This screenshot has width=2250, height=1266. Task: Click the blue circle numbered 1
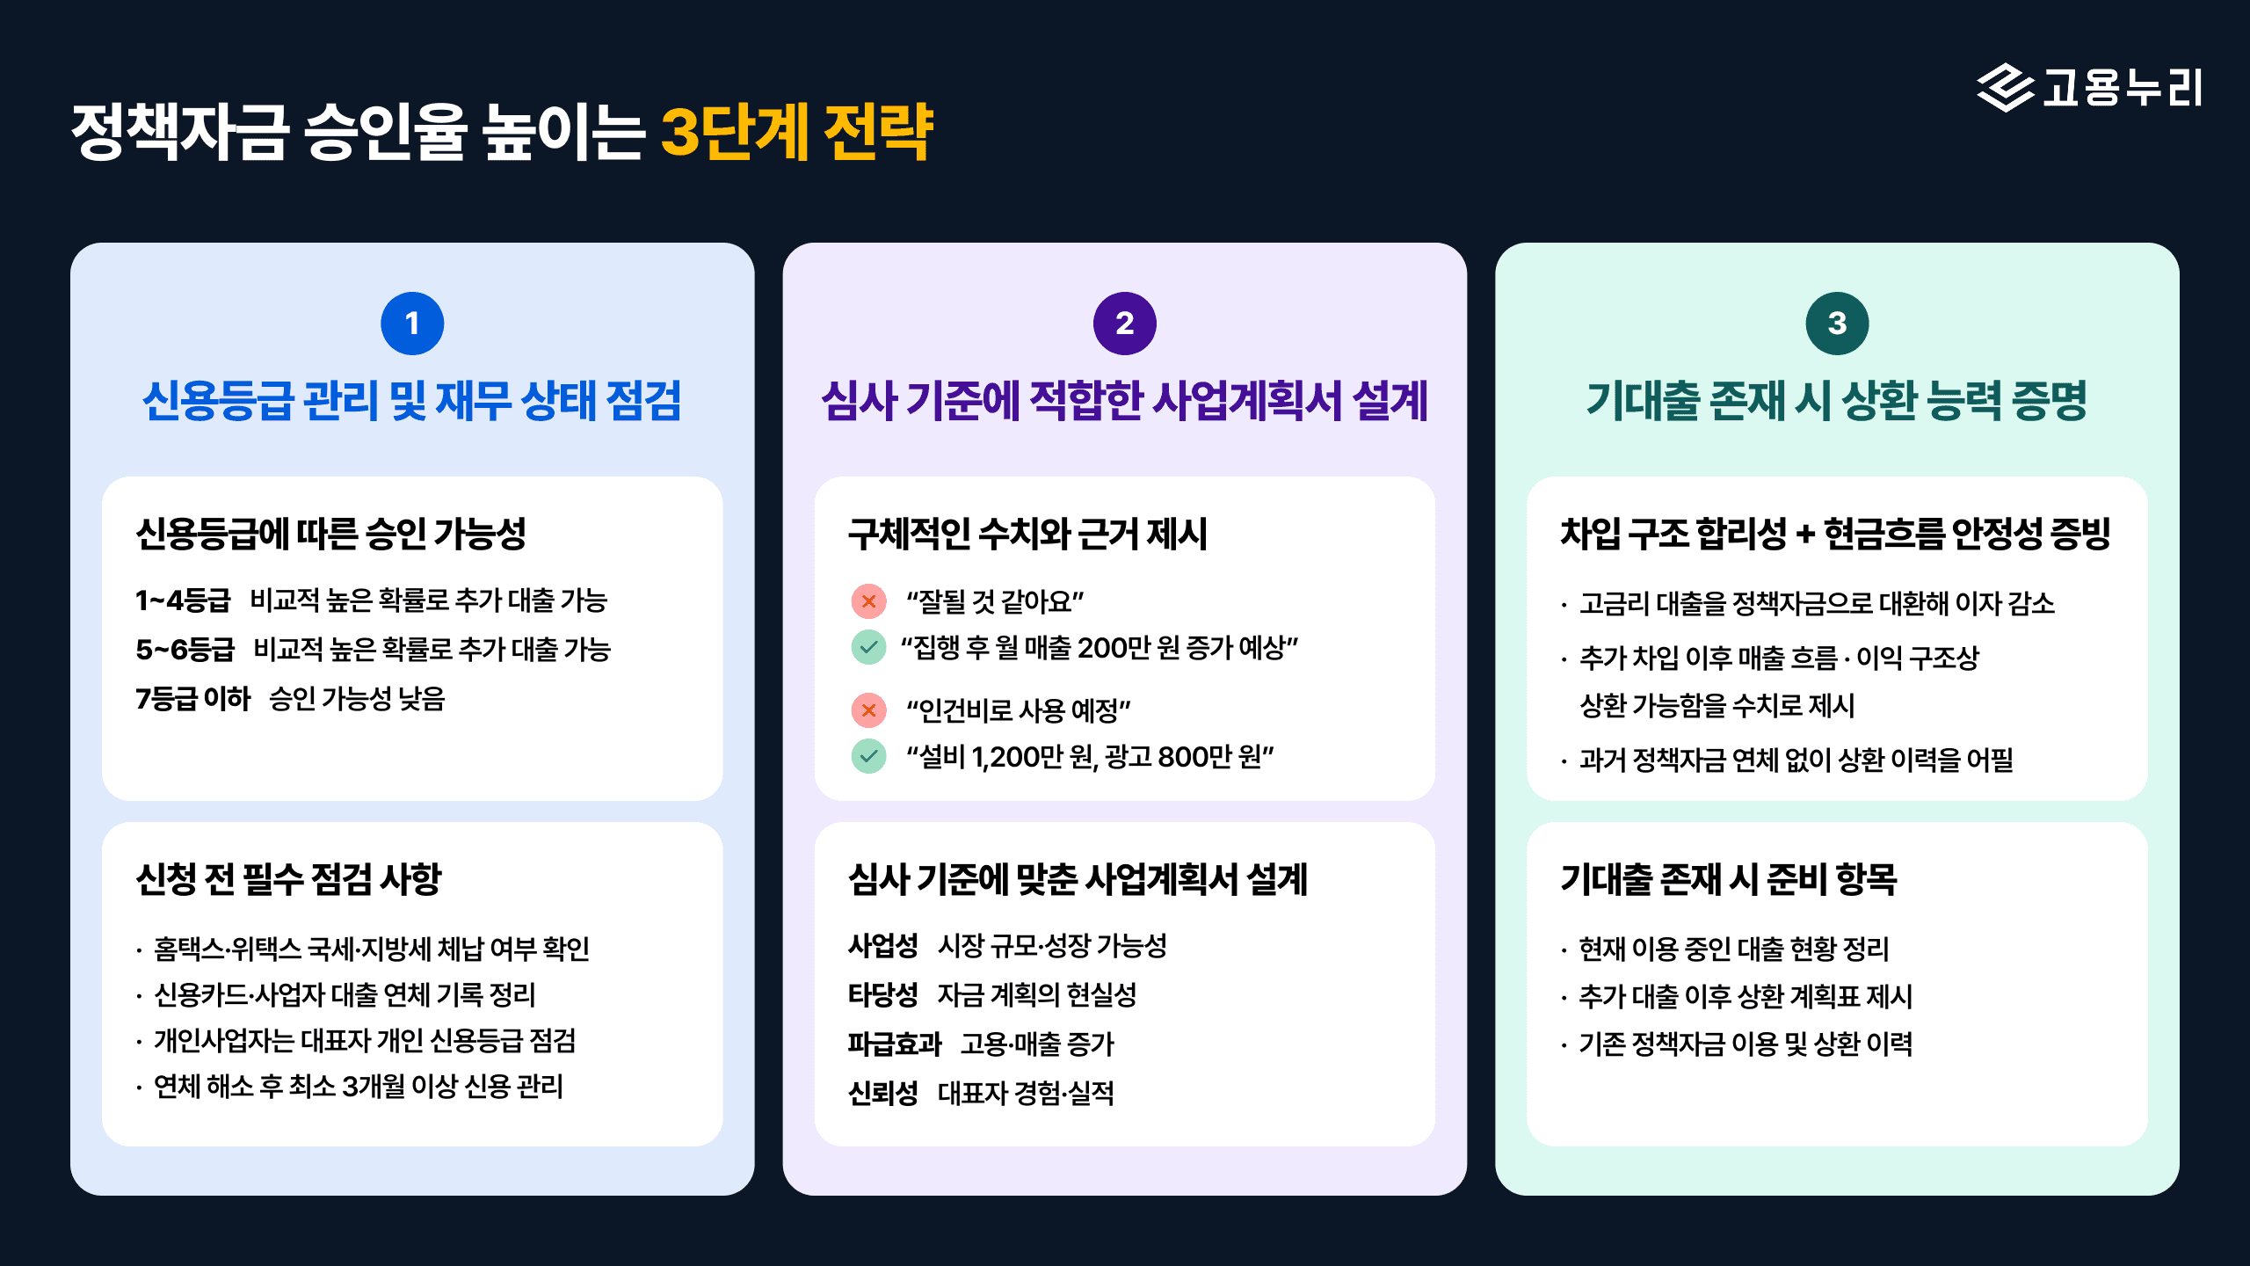pos(411,324)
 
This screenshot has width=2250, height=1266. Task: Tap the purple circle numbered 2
pos(1124,324)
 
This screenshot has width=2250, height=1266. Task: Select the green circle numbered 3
pos(1837,324)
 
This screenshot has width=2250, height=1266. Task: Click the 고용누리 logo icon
pos(2005,88)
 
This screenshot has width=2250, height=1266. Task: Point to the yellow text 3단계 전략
pos(796,133)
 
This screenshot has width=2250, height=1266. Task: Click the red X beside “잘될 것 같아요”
pos(868,601)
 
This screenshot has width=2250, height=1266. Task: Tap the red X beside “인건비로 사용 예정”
pos(868,709)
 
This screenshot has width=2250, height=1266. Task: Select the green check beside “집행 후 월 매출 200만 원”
pos(868,648)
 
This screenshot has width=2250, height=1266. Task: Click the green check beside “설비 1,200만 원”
pos(868,756)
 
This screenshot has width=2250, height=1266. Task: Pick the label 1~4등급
pos(183,600)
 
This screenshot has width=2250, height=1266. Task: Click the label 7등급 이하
pos(192,699)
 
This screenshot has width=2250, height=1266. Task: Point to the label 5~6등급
pos(185,650)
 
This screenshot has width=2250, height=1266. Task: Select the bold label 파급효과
pos(894,1044)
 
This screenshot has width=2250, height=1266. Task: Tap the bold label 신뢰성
pos(882,1094)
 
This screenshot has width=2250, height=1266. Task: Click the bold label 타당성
pos(882,995)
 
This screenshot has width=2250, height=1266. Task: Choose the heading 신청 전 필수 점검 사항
pos(288,879)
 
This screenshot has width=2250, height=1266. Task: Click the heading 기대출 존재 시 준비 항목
pos(1728,879)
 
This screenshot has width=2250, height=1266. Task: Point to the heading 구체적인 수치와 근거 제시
pos(1027,534)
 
